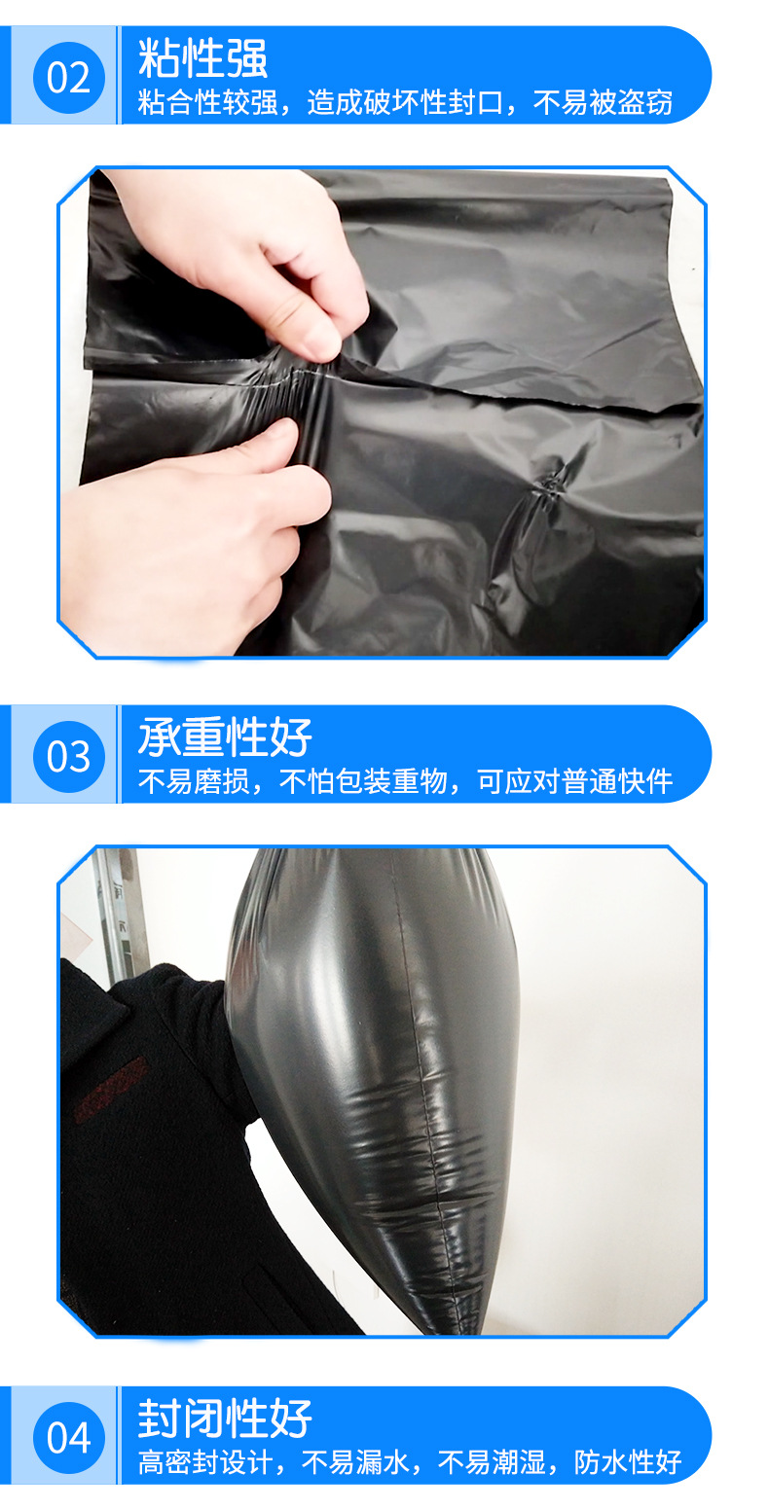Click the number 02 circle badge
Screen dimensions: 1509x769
(68, 77)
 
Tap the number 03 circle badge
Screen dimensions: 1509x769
(68, 756)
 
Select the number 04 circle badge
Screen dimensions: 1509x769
(68, 1437)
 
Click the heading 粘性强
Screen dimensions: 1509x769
(202, 58)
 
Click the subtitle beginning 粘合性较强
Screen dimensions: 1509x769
(405, 102)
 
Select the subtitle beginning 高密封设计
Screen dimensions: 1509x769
(409, 1461)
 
